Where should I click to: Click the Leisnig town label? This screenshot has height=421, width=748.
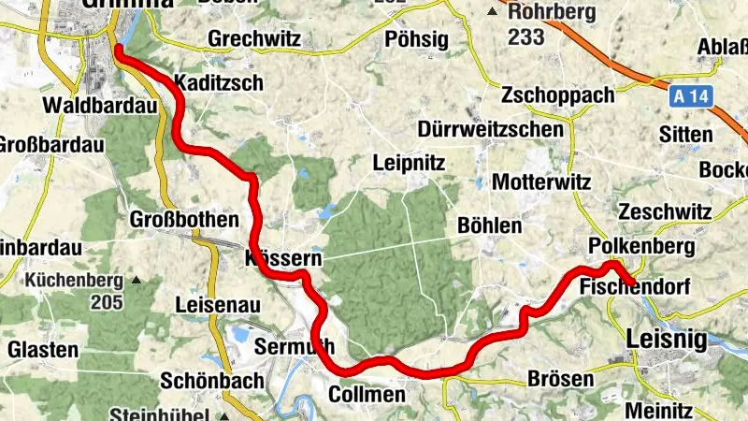(668, 339)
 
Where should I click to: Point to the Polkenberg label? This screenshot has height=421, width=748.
(641, 246)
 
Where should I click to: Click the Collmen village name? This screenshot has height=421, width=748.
(367, 396)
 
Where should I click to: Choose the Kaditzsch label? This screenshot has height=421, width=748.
(218, 82)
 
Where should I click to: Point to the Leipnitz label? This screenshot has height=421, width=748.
(410, 163)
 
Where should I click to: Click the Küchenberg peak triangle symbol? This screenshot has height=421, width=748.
(137, 280)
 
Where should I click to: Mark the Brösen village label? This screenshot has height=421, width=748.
(561, 379)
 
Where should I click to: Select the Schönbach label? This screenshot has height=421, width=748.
(207, 382)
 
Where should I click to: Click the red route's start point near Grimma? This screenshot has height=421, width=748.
(119, 50)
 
